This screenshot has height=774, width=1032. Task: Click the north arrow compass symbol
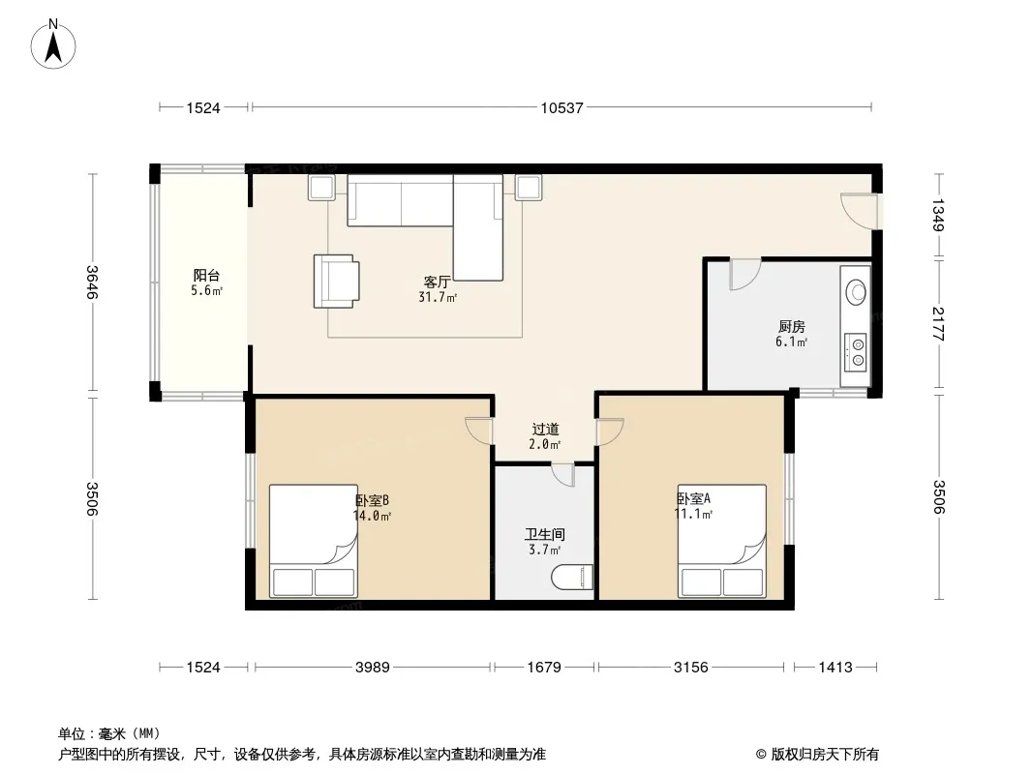coord(53,45)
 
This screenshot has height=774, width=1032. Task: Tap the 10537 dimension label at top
coord(562,107)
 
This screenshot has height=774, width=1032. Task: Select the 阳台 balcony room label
coord(206,276)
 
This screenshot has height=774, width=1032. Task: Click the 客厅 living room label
coord(437,283)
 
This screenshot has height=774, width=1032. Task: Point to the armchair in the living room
coord(336,281)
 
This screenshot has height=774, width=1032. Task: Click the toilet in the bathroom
coord(572,578)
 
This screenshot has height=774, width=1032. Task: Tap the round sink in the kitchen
coord(856,291)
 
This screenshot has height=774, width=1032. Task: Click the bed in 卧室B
coord(314,541)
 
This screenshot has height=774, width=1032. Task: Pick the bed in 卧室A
coord(722,541)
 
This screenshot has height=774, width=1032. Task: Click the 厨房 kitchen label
coord(791,326)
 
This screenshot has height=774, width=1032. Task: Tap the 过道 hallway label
coord(546,430)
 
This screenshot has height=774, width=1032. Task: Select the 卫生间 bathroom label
coord(544,535)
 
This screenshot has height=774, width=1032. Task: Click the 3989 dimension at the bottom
coord(373,668)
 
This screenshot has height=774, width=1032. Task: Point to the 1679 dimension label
coord(544,668)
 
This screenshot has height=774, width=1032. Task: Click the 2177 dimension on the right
coord(938,323)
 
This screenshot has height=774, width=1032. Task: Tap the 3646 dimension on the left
coord(92,283)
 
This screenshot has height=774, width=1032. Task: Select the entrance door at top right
coord(859,211)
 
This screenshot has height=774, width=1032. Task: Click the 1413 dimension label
coord(835,668)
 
